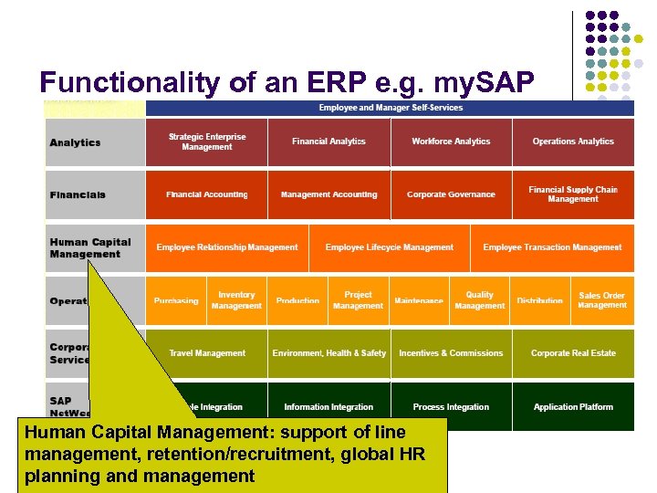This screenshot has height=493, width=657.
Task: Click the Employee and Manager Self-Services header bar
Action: pyautogui.click(x=390, y=108)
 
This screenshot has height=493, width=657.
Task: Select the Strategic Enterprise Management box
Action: pyautogui.click(x=207, y=142)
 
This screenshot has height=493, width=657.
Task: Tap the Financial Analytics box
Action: pyautogui.click(x=328, y=142)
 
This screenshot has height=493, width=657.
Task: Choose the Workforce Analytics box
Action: pyautogui.click(x=451, y=142)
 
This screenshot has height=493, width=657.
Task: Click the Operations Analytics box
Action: pyautogui.click(x=573, y=142)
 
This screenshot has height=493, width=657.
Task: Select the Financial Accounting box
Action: pyautogui.click(x=207, y=194)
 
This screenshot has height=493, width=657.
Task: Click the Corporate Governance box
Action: pyautogui.click(x=451, y=194)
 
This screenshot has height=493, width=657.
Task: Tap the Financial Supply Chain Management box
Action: pyautogui.click(x=573, y=194)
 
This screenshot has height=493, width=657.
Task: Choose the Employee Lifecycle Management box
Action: pyautogui.click(x=389, y=247)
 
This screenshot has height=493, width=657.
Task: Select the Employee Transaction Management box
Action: pyautogui.click(x=552, y=247)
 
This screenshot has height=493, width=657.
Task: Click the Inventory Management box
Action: pyautogui.click(x=236, y=300)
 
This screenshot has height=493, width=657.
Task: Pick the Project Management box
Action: pyautogui.click(x=358, y=300)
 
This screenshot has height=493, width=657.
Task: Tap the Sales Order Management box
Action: pyautogui.click(x=602, y=300)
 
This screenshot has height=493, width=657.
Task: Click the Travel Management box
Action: pyautogui.click(x=207, y=353)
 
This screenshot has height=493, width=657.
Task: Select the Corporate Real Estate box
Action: pyautogui.click(x=573, y=353)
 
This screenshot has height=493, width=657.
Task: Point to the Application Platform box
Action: pyautogui.click(x=573, y=406)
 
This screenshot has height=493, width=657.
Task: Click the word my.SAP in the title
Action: pyautogui.click(x=488, y=82)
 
